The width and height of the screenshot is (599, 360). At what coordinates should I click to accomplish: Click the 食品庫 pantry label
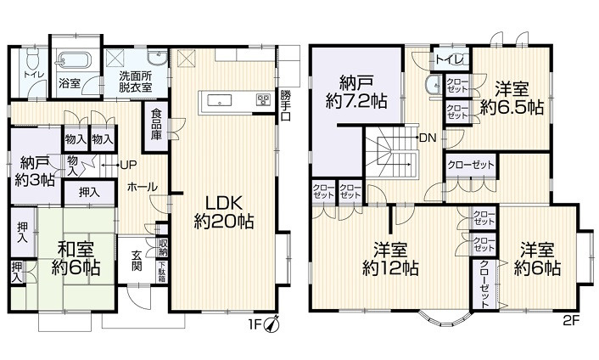coord(157,124)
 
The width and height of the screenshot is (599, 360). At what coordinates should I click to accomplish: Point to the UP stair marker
coord(130,165)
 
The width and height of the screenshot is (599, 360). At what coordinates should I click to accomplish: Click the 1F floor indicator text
coord(255,323)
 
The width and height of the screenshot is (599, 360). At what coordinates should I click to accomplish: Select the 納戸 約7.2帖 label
coord(356,92)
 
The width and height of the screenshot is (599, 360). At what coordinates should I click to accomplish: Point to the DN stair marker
coord(428,137)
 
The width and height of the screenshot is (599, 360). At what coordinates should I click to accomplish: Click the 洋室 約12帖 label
coord(389,258)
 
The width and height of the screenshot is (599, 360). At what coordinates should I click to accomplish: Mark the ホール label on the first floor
coord(141,188)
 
